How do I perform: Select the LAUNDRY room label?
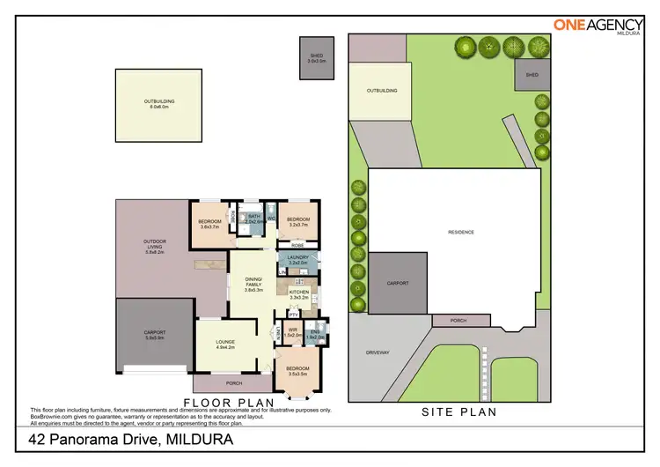297,257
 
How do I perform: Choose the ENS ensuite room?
315,332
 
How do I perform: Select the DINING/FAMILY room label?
253,282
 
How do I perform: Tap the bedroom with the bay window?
298,370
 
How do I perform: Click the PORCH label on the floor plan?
232,383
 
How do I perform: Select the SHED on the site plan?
532,75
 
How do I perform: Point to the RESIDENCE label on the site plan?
461,232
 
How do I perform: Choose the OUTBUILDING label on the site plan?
382,90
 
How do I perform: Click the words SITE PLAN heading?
458,411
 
